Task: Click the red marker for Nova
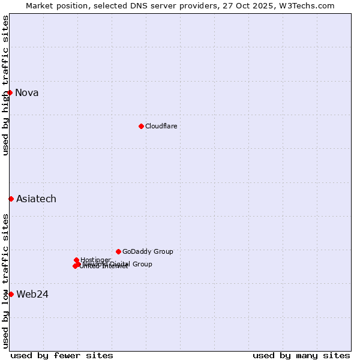[x=10, y=92]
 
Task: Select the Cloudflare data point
[x=141, y=126]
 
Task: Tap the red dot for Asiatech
[x=11, y=199]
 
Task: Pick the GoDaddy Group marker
[x=118, y=251]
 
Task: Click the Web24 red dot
[x=11, y=294]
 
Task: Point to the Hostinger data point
[x=76, y=260]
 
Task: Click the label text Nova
[x=26, y=92]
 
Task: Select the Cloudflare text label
[x=161, y=126]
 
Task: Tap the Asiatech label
[x=36, y=199]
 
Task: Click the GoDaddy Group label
[x=148, y=251]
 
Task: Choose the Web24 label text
[x=32, y=294]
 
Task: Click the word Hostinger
[x=96, y=260]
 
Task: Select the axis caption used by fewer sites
[x=62, y=355]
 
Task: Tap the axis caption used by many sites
[x=301, y=355]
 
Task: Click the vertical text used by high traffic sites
[x=5, y=85]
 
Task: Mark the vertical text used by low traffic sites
[x=5, y=280]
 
